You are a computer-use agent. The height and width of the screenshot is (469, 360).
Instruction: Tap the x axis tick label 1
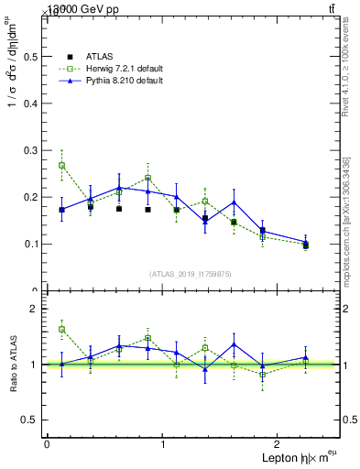point(163,444)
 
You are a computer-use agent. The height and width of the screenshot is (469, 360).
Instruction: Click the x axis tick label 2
point(279,444)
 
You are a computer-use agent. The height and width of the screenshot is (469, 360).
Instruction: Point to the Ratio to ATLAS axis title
point(12,364)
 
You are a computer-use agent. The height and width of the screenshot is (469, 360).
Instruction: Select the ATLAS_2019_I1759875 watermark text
point(191,274)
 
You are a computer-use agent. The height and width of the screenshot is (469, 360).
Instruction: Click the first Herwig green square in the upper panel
point(61,166)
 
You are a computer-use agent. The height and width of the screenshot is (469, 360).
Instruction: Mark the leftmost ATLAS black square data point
point(61,210)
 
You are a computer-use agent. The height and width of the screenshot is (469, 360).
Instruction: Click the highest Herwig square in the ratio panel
point(61,329)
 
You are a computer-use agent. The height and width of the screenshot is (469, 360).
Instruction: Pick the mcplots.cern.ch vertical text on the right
point(345,220)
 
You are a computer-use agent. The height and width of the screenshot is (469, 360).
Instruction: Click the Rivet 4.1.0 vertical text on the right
point(345,82)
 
